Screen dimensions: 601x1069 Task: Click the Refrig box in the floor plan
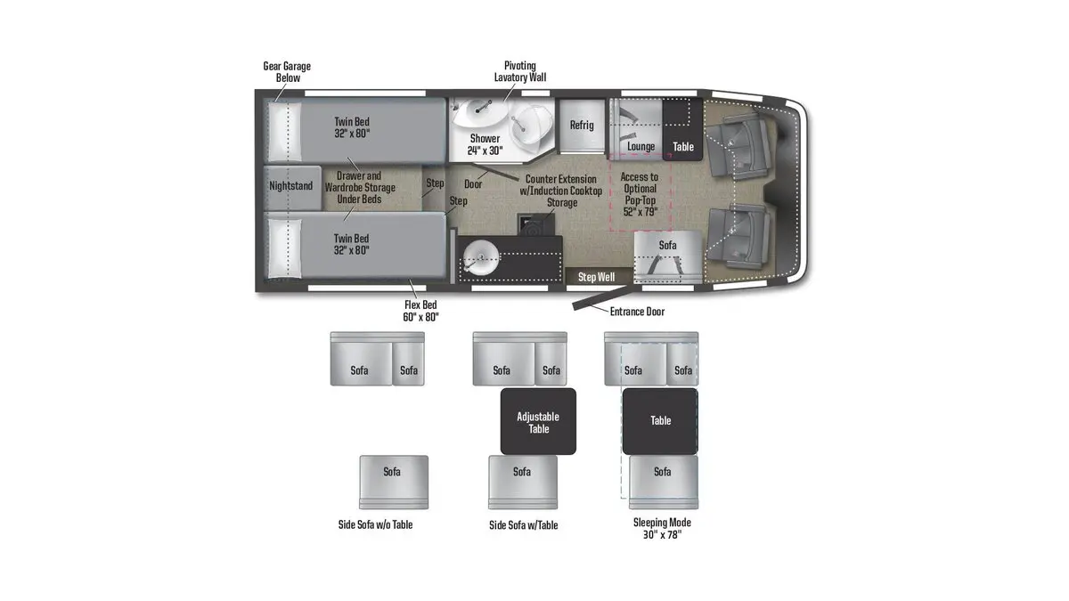click(582, 126)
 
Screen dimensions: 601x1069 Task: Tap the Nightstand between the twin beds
click(291, 187)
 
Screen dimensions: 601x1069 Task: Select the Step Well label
click(596, 277)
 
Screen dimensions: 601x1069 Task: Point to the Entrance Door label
click(637, 312)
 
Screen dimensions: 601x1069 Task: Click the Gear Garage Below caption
click(287, 72)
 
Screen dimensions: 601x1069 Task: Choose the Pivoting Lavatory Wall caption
click(520, 72)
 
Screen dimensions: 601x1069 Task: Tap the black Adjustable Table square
click(538, 422)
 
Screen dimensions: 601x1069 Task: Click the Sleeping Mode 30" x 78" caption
click(662, 529)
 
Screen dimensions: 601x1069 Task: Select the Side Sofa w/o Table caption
click(375, 524)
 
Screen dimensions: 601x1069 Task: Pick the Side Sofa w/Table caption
click(523, 524)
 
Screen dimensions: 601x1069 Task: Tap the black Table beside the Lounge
click(682, 146)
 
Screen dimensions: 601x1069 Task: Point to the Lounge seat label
click(641, 146)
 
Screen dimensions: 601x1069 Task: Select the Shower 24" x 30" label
click(485, 144)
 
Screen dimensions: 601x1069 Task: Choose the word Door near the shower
click(473, 184)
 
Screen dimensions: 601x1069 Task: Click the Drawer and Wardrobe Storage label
click(359, 187)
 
